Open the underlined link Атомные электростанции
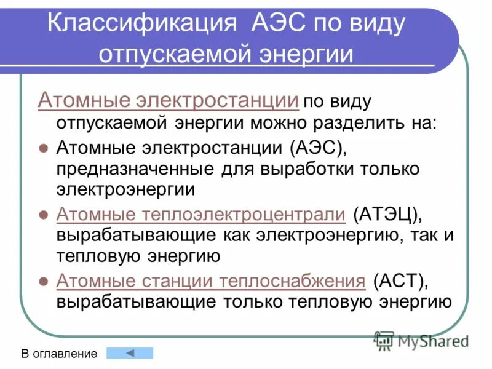coord(169,100)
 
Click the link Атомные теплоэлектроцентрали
coord(201,214)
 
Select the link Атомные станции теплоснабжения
coord(211,281)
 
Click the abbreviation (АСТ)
coord(399,281)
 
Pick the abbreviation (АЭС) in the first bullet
coord(315,148)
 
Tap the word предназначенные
coord(130,168)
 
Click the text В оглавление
coord(60,354)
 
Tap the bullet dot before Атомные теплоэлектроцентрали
coord(43,215)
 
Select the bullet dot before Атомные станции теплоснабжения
coord(43,282)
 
